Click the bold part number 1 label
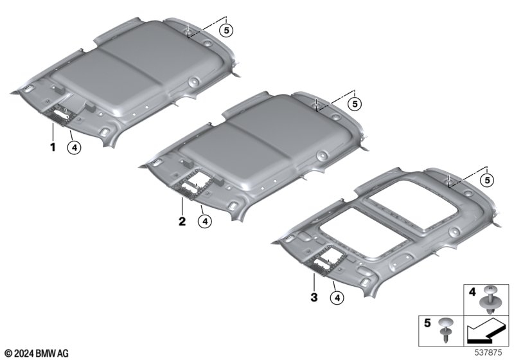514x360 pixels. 53,147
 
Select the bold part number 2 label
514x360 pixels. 182,221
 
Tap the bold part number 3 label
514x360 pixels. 314,298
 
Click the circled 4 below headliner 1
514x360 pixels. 75,148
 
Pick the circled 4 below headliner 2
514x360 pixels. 205,222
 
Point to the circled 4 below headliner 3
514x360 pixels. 337,298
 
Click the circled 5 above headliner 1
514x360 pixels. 226,30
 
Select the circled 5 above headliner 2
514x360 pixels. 355,104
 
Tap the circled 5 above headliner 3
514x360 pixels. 487,180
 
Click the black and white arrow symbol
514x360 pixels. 485,331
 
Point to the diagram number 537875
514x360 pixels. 488,353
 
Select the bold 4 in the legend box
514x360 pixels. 472,291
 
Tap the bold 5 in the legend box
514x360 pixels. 427,323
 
